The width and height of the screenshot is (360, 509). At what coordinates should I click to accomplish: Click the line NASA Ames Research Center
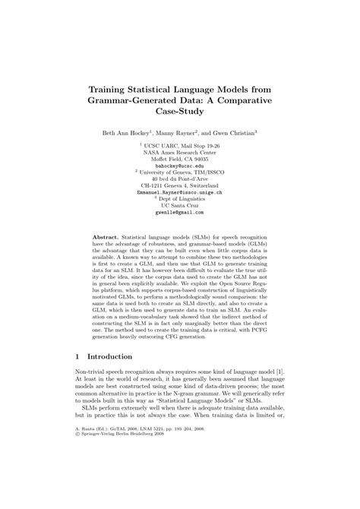click(180, 150)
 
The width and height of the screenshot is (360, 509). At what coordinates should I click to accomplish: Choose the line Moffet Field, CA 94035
click(180, 157)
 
